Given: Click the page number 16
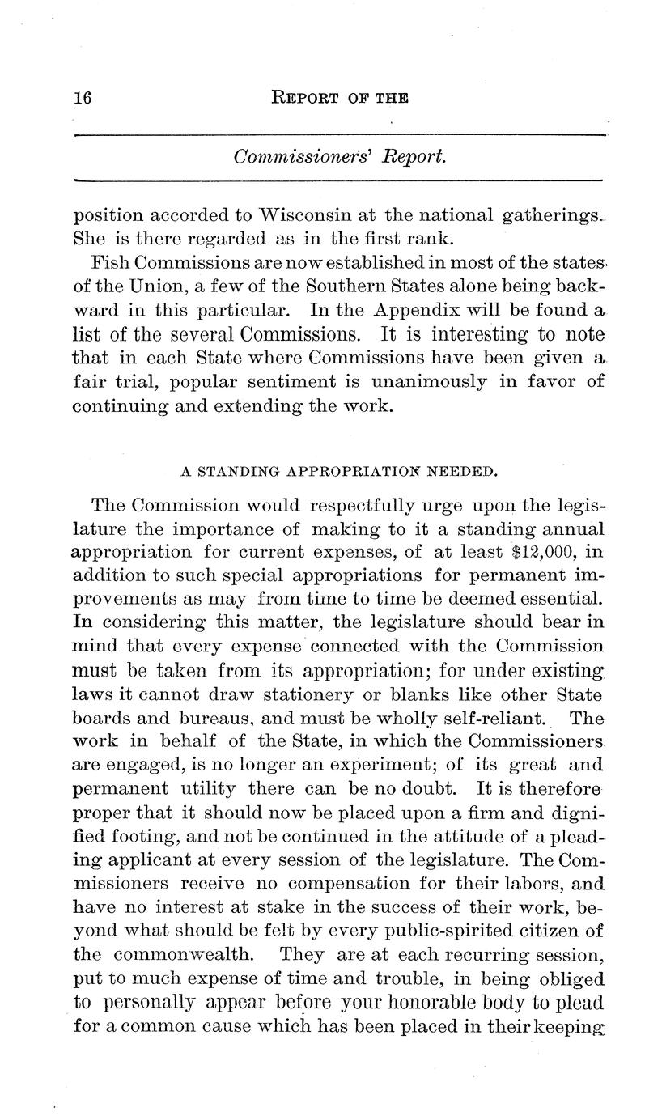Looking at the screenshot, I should (x=84, y=98).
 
